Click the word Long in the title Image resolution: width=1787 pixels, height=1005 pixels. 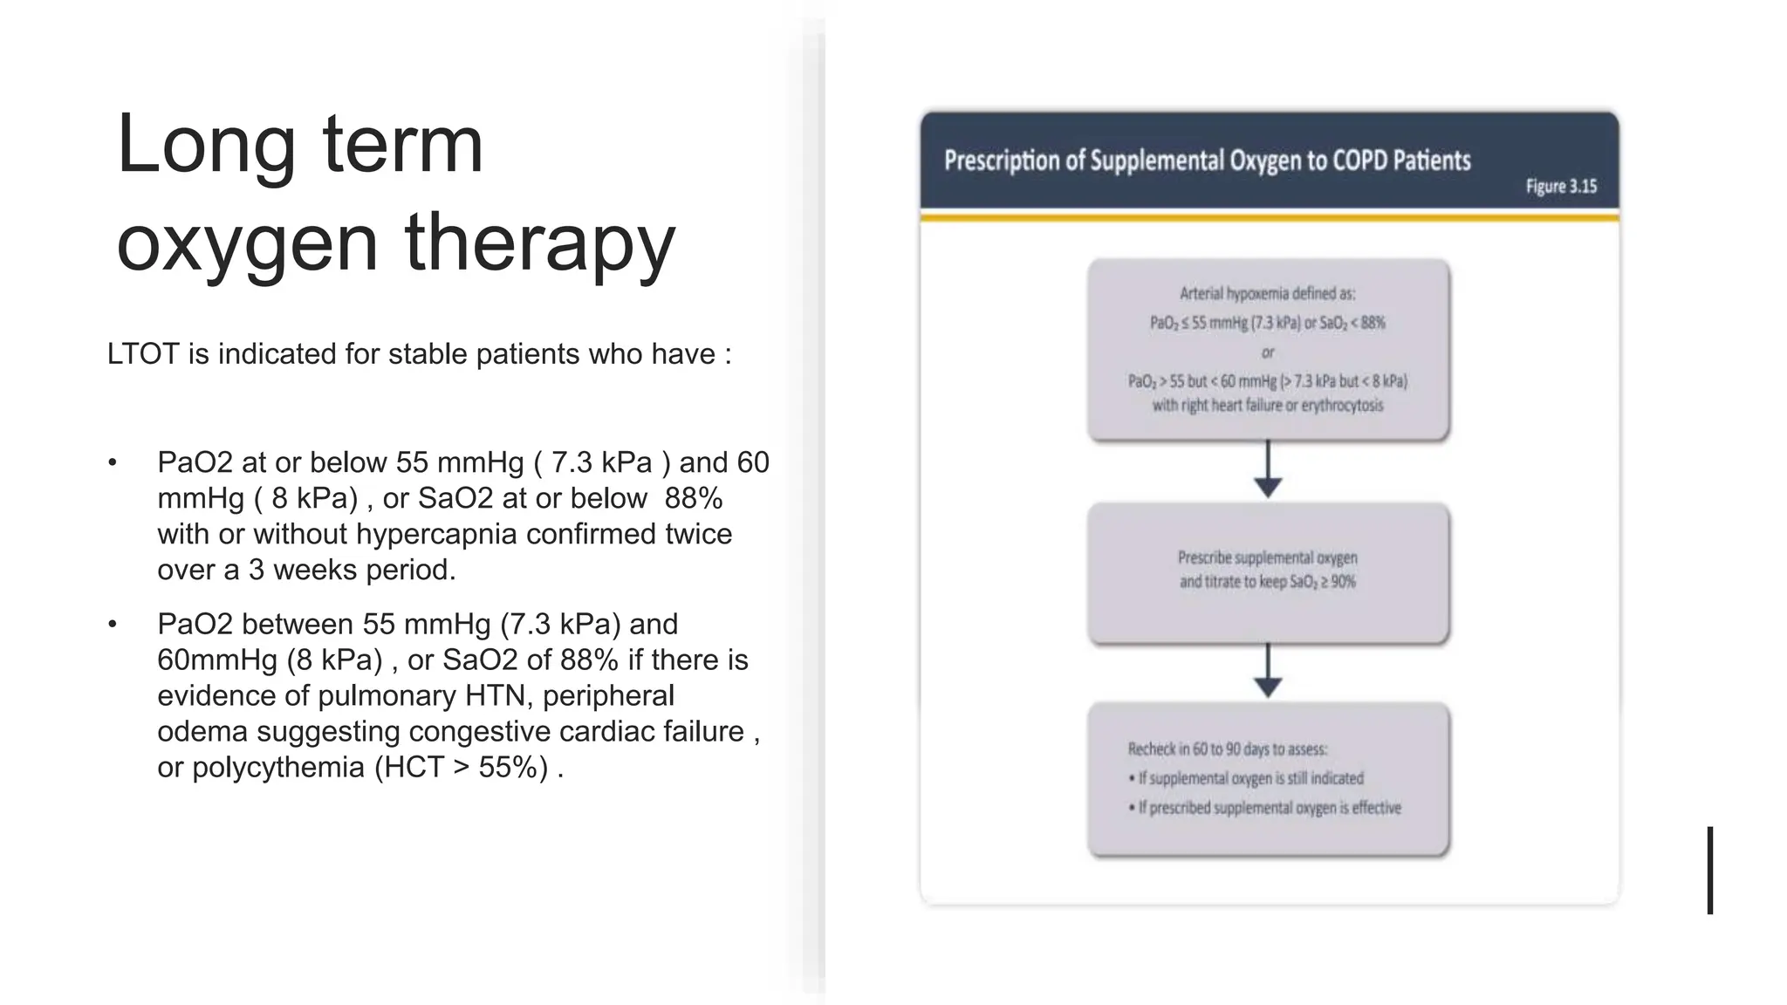point(206,145)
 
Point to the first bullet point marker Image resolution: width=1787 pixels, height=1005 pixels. point(112,462)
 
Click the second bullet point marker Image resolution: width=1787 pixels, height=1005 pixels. point(112,625)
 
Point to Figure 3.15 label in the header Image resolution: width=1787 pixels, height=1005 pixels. point(1560,187)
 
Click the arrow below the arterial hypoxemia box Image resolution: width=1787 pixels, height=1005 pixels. point(1268,471)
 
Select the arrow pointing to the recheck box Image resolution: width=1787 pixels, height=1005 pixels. point(1268,672)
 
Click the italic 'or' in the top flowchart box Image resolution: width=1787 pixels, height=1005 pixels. point(1268,352)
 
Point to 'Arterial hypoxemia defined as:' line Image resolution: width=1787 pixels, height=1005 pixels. point(1267,294)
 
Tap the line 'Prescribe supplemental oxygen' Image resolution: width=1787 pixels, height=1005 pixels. point(1267,557)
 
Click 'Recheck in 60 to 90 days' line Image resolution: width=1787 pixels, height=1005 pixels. point(1227,749)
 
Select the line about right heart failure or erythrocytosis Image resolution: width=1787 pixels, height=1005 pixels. point(1267,406)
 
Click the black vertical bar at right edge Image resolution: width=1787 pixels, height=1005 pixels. point(1710,870)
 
